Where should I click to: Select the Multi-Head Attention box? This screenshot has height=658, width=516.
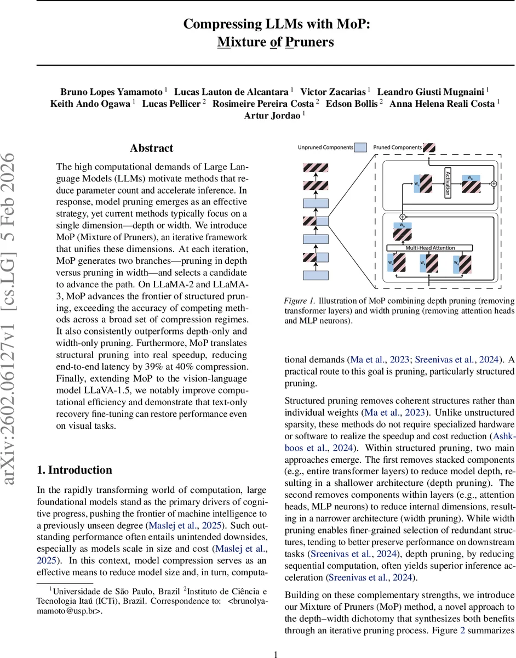(x=429, y=248)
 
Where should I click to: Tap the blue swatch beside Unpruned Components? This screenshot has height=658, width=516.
(x=360, y=148)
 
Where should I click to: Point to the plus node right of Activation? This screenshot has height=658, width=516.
(x=494, y=184)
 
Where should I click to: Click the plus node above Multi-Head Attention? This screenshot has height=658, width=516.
(x=403, y=217)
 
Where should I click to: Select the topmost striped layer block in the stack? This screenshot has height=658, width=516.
(x=315, y=168)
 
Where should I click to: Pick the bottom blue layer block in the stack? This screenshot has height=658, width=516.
(x=315, y=275)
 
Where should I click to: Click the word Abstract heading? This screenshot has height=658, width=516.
(x=151, y=148)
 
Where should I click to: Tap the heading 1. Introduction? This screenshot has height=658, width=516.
(x=74, y=470)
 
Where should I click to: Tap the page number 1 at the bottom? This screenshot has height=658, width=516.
(x=276, y=654)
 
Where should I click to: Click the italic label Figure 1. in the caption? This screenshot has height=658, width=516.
(x=299, y=301)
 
